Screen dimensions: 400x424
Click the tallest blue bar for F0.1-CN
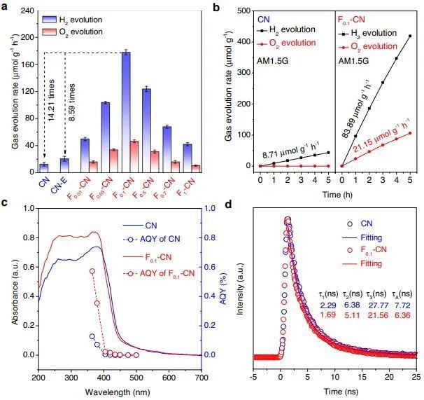[125, 112]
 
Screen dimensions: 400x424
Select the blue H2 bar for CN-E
[64, 165]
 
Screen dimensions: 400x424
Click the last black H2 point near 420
[409, 36]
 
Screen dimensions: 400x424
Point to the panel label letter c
[5, 203]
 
